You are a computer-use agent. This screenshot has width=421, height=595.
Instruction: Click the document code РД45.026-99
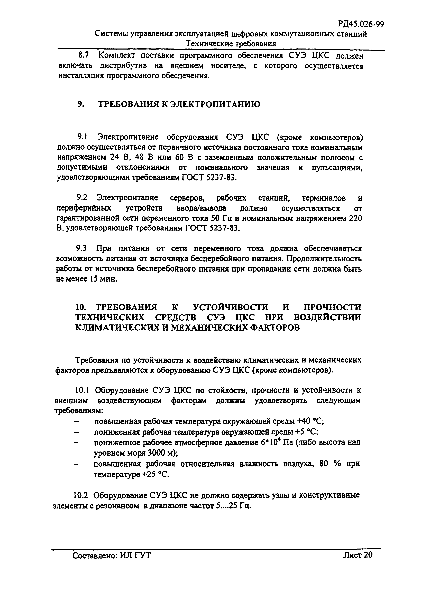point(361,24)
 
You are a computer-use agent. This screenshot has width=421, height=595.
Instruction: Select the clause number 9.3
point(81,248)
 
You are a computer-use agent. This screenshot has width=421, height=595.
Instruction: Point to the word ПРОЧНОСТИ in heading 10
point(332,307)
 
